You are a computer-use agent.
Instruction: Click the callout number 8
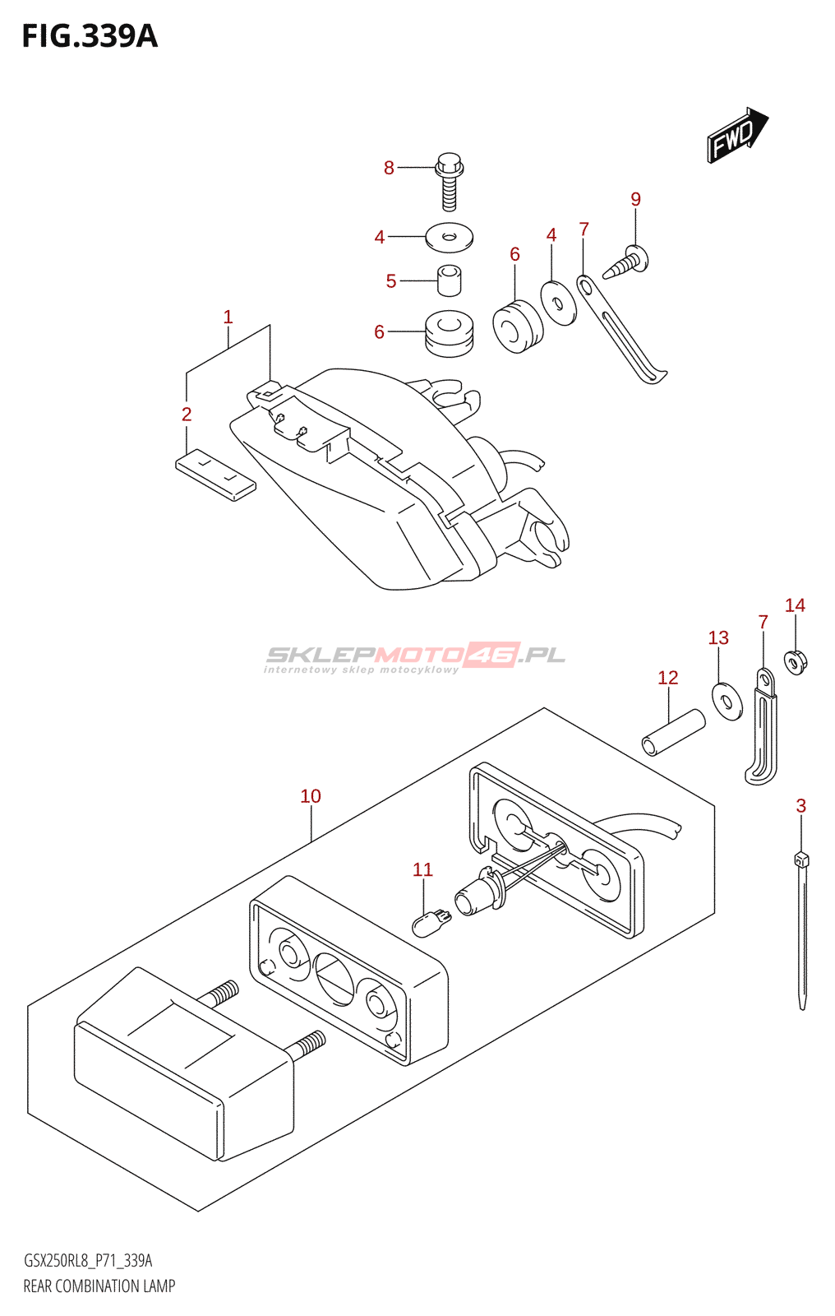point(389,169)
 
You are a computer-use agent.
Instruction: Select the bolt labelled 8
point(449,181)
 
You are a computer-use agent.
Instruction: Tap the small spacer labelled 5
point(449,280)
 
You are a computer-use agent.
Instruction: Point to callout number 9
point(635,199)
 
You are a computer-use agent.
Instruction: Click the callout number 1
point(228,317)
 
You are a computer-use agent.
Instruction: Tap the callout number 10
point(311,796)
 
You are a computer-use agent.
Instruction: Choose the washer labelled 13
point(727,701)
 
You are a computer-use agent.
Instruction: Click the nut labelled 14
point(795,660)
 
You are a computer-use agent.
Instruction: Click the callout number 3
point(800,806)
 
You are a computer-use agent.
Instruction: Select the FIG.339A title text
point(89,36)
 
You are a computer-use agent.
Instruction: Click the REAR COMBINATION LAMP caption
point(99,1286)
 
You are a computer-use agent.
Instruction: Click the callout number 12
point(667,678)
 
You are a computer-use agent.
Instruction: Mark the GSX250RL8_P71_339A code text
point(88,1261)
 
